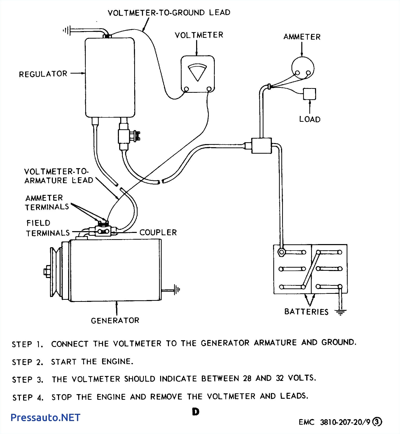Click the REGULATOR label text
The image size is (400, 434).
pyautogui.click(x=43, y=74)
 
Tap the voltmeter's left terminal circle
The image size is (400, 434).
pyautogui.click(x=186, y=89)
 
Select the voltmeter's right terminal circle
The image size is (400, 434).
pyautogui.click(x=209, y=89)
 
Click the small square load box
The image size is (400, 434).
pyautogui.click(x=309, y=94)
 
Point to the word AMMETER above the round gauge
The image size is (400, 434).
pyautogui.click(x=302, y=37)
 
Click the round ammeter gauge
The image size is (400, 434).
pyautogui.click(x=303, y=68)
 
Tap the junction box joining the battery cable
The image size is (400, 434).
pyautogui.click(x=261, y=146)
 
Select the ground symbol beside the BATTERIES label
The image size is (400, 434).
pyautogui.click(x=340, y=312)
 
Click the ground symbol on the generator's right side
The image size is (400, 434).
pyautogui.click(x=177, y=289)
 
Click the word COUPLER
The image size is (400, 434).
pyautogui.click(x=158, y=232)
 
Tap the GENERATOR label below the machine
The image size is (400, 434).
pyautogui.click(x=115, y=321)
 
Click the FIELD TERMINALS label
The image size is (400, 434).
pyautogui.click(x=48, y=228)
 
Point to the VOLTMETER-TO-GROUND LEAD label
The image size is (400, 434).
pyautogui.click(x=169, y=13)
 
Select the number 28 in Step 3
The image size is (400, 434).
pyautogui.click(x=247, y=378)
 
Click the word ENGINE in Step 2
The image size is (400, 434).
pyautogui.click(x=117, y=361)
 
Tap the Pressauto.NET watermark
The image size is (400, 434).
pyautogui.click(x=46, y=417)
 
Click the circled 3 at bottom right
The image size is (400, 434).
pyautogui.click(x=377, y=422)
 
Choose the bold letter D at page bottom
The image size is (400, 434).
pyautogui.click(x=196, y=412)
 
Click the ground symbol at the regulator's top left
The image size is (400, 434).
pyautogui.click(x=66, y=31)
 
